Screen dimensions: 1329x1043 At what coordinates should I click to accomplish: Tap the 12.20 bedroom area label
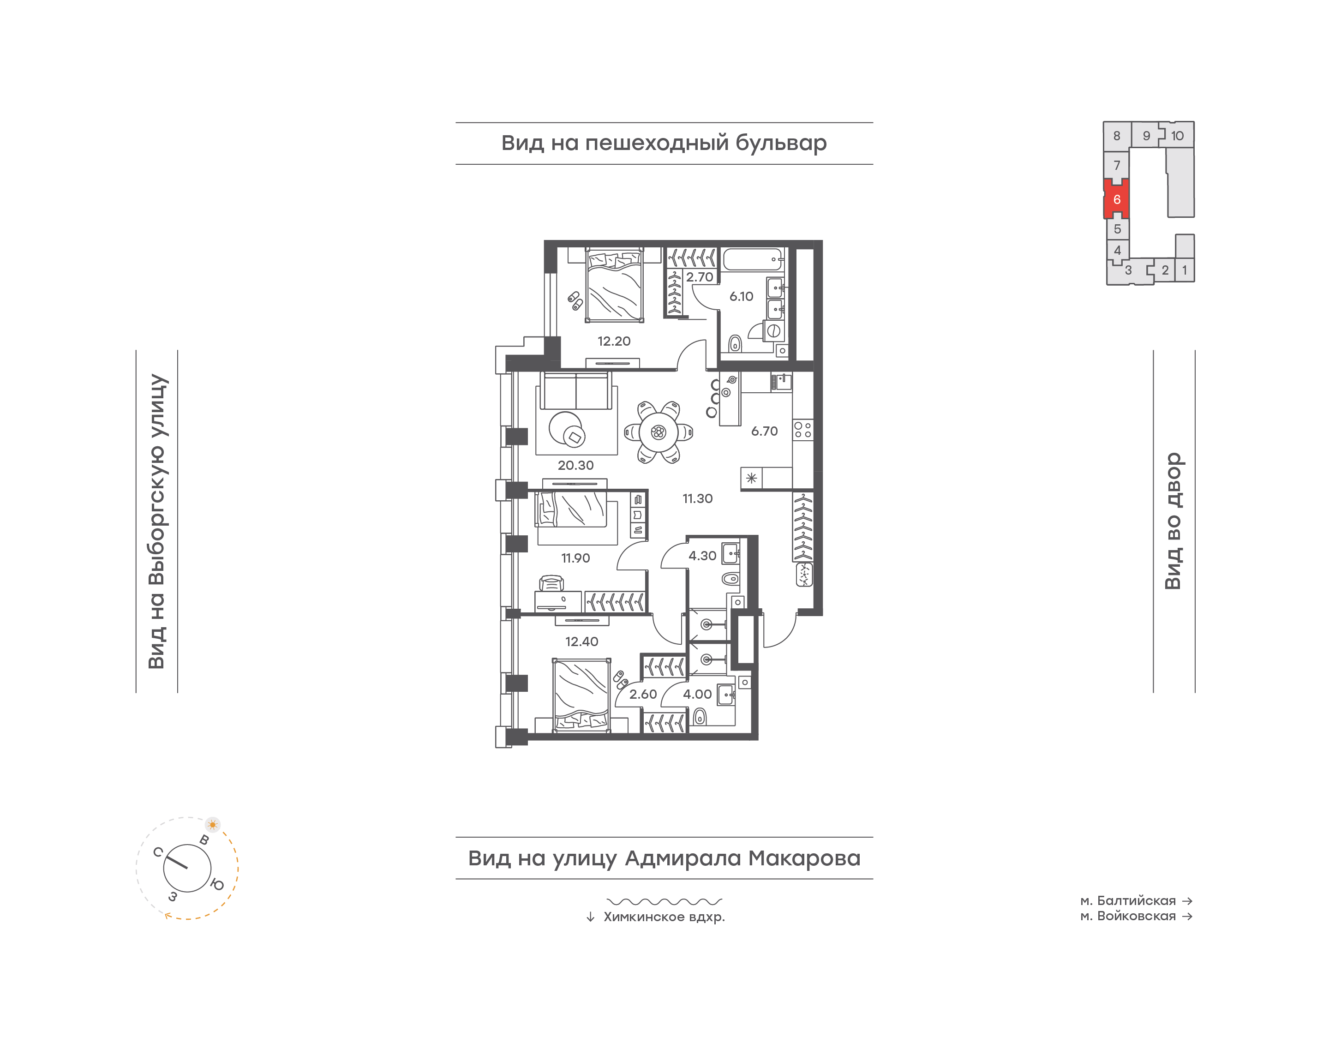614,342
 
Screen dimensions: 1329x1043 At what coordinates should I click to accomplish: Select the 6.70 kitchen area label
764,431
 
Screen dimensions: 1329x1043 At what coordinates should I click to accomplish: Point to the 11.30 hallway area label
697,498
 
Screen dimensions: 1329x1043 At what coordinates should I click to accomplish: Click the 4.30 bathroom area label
702,556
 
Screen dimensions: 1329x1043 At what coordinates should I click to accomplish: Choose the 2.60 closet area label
643,694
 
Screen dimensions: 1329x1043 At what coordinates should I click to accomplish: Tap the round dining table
658,432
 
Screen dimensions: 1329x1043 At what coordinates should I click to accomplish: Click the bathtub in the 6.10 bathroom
753,259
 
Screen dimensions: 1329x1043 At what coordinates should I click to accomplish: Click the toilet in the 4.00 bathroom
700,716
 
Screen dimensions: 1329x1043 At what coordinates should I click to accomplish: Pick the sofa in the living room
576,391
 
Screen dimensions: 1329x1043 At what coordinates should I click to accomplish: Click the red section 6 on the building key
1117,199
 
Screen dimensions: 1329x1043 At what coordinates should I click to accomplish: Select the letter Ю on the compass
217,884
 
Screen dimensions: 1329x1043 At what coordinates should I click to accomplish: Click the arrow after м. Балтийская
1187,901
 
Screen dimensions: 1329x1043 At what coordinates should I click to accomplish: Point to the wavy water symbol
664,901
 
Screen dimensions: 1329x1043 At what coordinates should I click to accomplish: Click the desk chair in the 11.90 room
551,583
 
